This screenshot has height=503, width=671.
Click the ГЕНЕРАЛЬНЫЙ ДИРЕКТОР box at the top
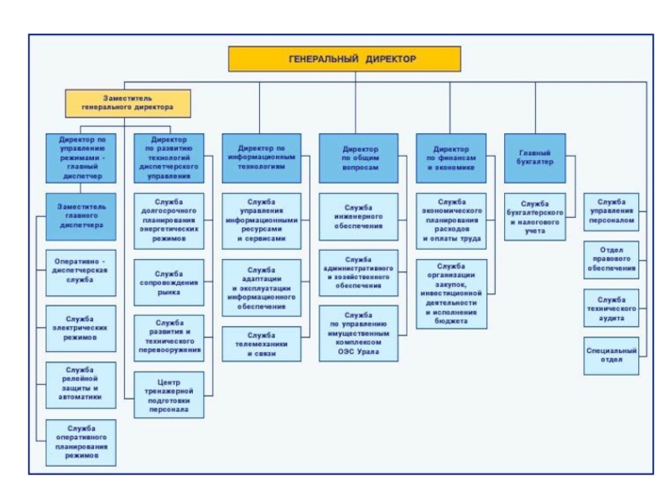point(345,59)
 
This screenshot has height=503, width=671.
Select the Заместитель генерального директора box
point(127,103)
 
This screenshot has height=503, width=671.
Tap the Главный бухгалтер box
point(534,158)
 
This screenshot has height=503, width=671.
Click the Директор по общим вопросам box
point(359,158)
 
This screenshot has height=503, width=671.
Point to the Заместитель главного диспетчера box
point(81,215)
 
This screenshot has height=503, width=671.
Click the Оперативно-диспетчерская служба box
point(81,272)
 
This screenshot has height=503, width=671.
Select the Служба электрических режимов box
point(81,328)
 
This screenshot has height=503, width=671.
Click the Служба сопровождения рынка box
point(169,283)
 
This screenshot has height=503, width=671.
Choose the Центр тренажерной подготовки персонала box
point(169,396)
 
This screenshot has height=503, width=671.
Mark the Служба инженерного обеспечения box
point(359,215)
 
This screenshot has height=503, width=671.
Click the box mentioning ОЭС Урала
point(359,334)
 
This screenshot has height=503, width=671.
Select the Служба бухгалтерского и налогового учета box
point(534,216)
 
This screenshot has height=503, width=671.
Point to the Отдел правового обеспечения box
point(611,260)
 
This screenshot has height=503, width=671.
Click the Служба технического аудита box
point(611,308)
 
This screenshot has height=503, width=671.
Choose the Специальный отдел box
point(611,355)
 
